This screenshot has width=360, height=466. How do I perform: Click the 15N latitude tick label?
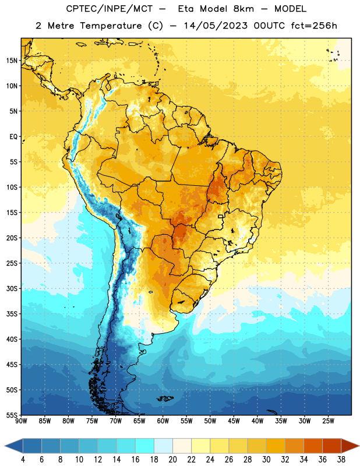pyautogui.click(x=12, y=61)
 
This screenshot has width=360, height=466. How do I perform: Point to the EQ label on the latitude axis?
pyautogui.click(x=13, y=137)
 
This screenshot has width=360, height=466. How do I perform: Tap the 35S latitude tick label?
pyautogui.click(x=12, y=314)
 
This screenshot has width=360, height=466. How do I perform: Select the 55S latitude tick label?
pyautogui.click(x=12, y=415)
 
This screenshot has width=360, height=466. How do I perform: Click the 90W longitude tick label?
pyautogui.click(x=21, y=421)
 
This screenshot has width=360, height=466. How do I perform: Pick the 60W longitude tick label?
pyautogui.click(x=163, y=421)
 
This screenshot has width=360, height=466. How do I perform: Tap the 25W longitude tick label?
pyautogui.click(x=328, y=421)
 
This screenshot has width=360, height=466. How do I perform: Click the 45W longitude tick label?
pyautogui.click(x=234, y=421)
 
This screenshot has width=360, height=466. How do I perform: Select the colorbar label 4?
pyautogui.click(x=23, y=460)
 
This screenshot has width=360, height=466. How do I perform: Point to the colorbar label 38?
pyautogui.click(x=341, y=460)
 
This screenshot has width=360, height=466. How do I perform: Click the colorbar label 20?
pyautogui.click(x=172, y=460)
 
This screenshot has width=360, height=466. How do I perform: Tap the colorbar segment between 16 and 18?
pyautogui.click(x=145, y=446)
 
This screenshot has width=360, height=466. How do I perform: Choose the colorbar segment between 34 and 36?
pyautogui.click(x=313, y=446)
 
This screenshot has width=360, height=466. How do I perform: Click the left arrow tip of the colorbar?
pyautogui.click(x=5, y=446)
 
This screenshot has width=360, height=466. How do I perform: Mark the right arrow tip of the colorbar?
pyautogui.click(x=359, y=446)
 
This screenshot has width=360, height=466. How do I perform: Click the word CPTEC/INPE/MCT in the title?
pyautogui.click(x=110, y=9)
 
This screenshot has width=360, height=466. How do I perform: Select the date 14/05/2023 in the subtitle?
pyautogui.click(x=216, y=26)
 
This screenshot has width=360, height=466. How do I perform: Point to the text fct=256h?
pyautogui.click(x=314, y=26)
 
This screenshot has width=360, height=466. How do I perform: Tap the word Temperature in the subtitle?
pyautogui.click(x=111, y=26)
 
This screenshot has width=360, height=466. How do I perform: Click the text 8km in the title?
pyautogui.click(x=243, y=9)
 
